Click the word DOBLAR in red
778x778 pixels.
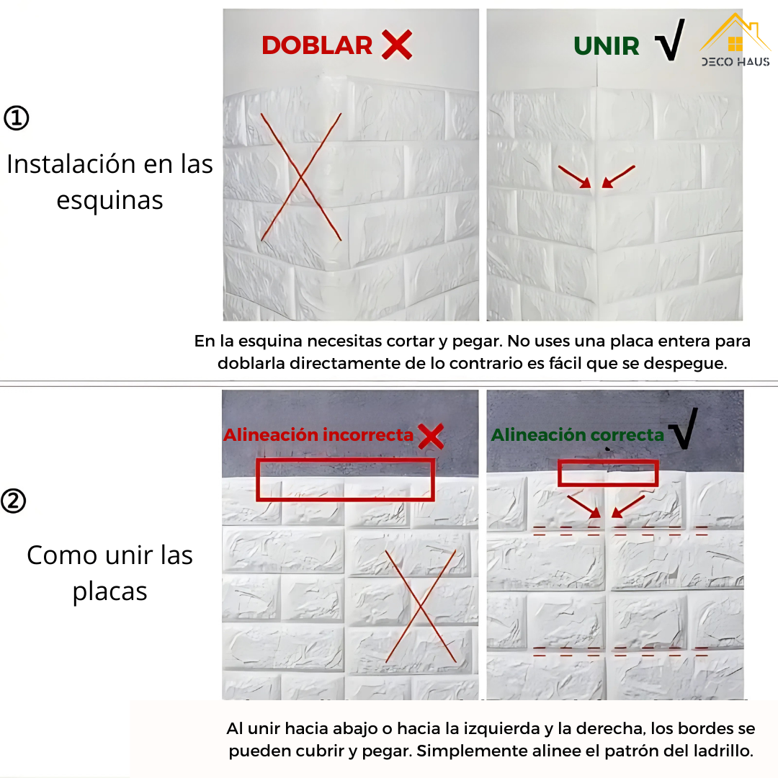(317, 45)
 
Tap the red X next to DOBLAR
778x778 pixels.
(397, 45)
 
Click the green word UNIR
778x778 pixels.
(607, 47)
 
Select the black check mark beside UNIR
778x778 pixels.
(669, 41)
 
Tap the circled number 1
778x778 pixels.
(17, 118)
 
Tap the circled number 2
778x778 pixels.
(14, 501)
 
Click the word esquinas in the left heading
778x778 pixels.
(109, 200)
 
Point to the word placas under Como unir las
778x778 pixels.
(109, 591)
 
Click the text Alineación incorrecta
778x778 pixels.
(318, 435)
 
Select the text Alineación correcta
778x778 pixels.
(577, 435)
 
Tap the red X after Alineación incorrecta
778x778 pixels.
(431, 436)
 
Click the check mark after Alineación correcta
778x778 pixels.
(683, 429)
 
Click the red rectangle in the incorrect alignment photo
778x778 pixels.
(345, 480)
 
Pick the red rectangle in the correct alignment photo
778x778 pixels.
(608, 473)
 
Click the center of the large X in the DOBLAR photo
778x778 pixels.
(300, 175)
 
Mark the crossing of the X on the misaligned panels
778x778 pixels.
(420, 606)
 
